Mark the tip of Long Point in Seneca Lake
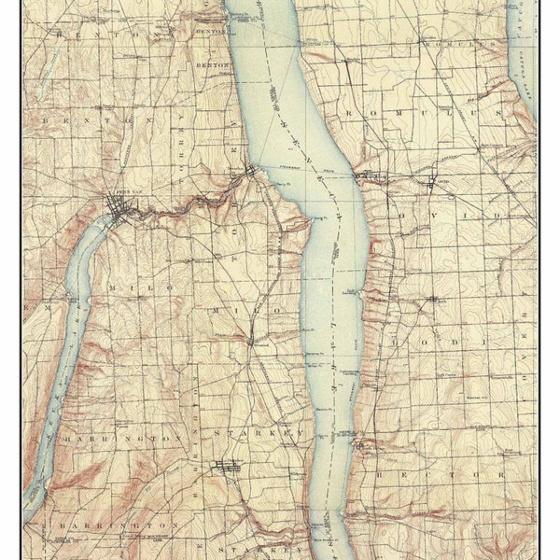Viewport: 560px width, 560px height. tap(309, 223)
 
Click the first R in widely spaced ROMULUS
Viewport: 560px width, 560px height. tap(350, 112)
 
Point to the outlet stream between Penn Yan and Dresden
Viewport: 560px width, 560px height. tap(187, 207)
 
